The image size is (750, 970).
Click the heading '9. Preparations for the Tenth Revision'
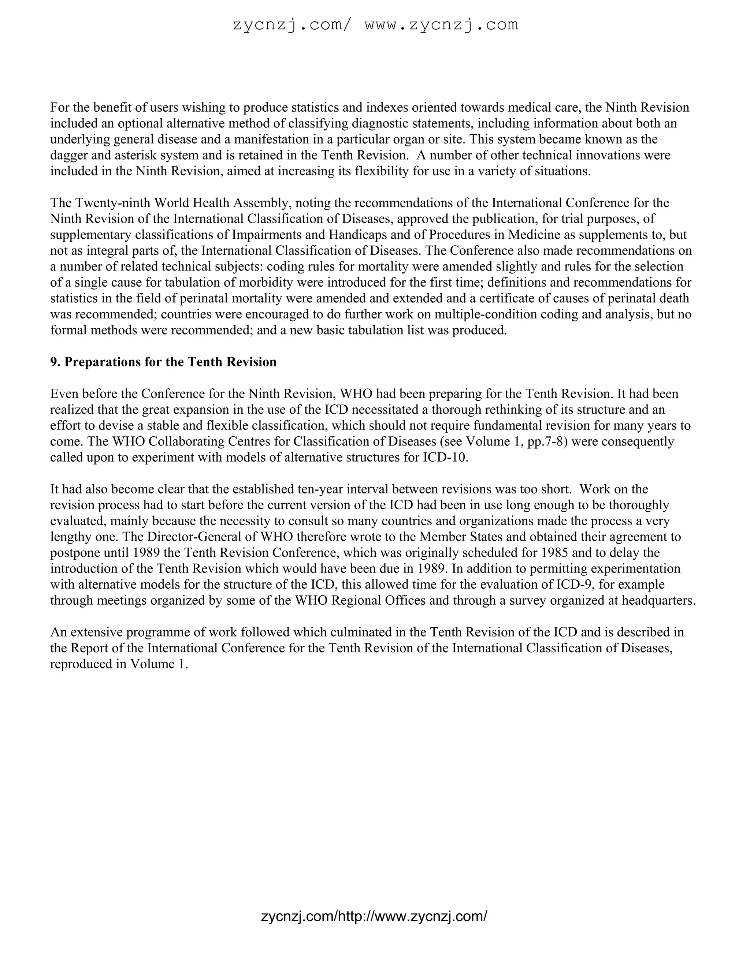coord(163,362)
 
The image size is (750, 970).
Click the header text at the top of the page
coord(375,25)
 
